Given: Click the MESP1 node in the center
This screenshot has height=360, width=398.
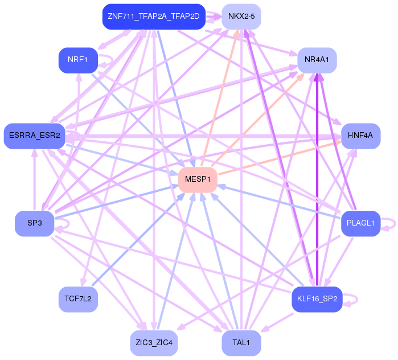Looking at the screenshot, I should point(198,179).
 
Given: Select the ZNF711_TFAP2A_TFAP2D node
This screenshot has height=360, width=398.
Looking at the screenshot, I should point(153,16).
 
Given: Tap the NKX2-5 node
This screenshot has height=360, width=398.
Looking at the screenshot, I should point(241,16).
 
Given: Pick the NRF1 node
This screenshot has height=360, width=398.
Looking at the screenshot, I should point(79,60).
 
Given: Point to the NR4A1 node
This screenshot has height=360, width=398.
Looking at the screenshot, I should point(317,60).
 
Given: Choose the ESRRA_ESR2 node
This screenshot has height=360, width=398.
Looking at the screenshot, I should point(34,136).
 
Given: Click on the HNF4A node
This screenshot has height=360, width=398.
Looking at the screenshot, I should point(360,136).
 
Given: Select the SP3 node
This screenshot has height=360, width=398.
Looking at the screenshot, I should point(35,223).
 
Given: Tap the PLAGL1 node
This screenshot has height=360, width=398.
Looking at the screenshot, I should point(360,223).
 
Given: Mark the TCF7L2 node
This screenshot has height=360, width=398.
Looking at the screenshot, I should point(78,298).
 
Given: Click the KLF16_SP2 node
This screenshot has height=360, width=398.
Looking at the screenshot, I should point(317,298).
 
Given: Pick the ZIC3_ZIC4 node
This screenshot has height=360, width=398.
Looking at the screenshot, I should point(154,343).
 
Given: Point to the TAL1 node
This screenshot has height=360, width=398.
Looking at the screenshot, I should point(241,343).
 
